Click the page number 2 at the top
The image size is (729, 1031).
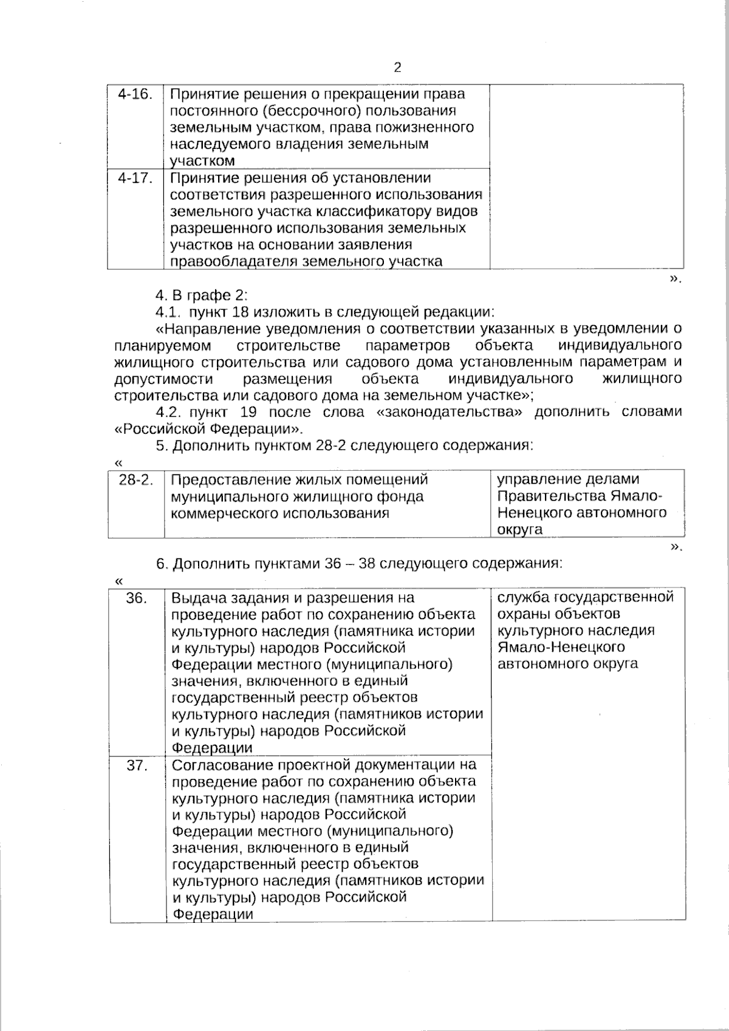397,67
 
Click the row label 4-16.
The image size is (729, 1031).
135,94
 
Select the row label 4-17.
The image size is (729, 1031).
135,178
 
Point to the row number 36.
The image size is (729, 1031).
137,598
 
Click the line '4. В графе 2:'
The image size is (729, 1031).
201,295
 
